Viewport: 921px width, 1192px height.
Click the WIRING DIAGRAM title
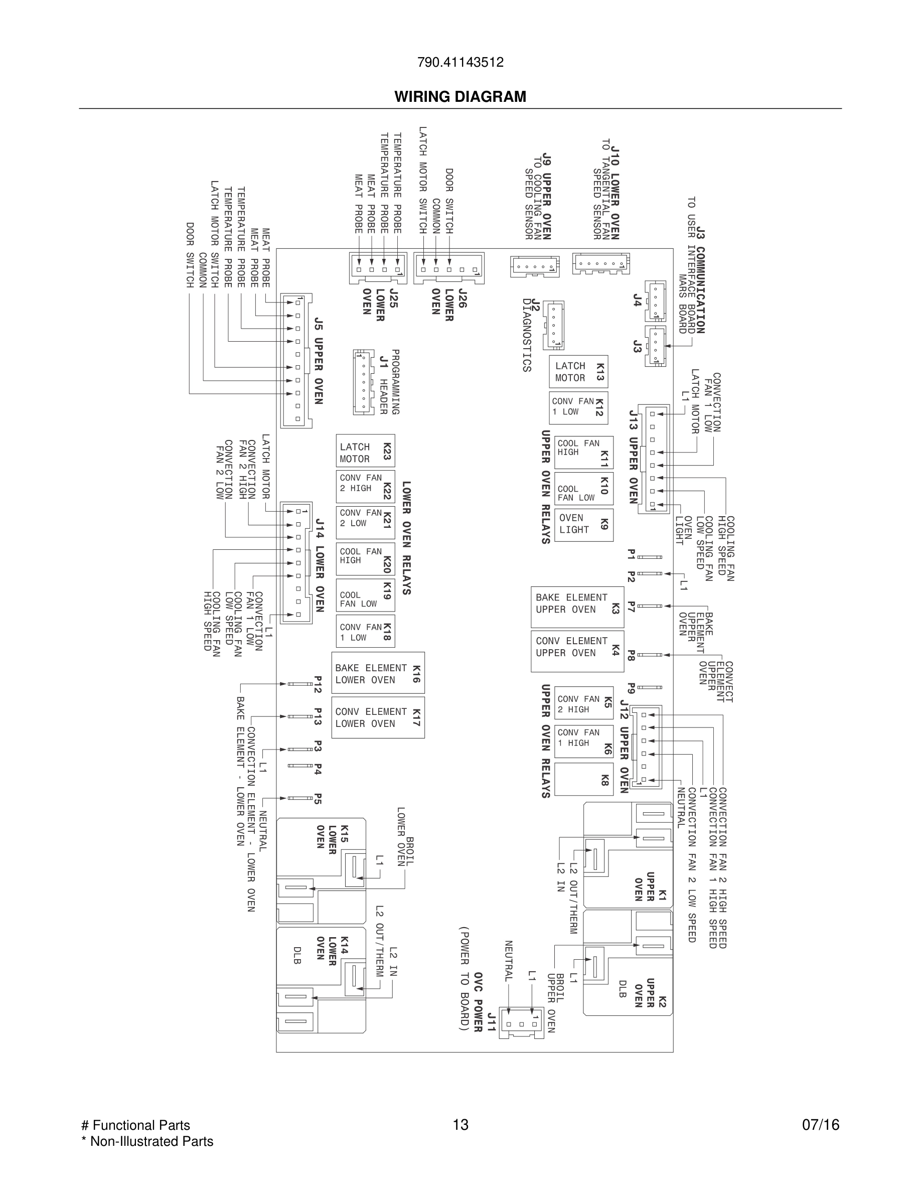click(460, 97)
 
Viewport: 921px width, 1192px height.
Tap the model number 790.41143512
click(460, 62)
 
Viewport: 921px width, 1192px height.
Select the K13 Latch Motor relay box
click(578, 372)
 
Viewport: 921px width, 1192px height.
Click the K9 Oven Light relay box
click(583, 524)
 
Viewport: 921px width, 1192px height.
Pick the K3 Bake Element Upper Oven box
click(577, 607)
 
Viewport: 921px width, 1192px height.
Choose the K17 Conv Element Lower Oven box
click(378, 717)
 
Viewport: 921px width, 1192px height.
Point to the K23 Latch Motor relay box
click(365, 451)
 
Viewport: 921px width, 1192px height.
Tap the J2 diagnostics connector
click(553, 325)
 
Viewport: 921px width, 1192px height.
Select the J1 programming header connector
click(362, 381)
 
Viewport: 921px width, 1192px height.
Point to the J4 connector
click(655, 301)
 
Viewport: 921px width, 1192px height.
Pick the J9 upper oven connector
click(535, 266)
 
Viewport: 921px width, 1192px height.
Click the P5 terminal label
click(318, 798)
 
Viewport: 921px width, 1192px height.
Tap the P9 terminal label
click(631, 688)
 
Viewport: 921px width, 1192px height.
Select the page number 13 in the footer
click(460, 1124)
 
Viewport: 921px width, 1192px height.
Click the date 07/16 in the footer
click(820, 1125)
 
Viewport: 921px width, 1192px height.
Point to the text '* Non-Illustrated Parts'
click(147, 1141)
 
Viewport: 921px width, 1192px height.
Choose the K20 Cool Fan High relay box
click(365, 559)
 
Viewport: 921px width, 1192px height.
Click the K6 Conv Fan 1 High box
click(583, 741)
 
